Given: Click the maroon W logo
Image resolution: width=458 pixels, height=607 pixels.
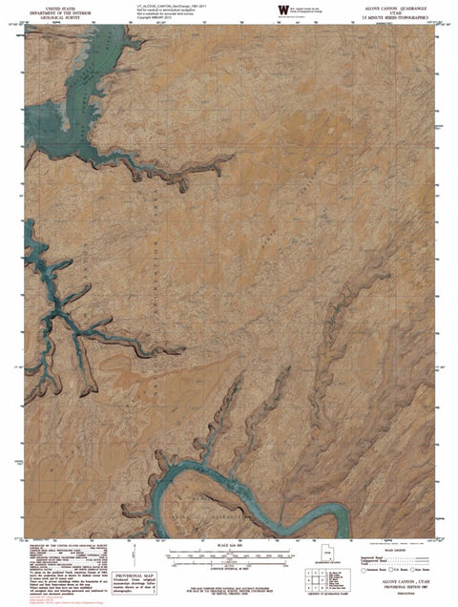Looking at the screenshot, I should pyautogui.click(x=281, y=10).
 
